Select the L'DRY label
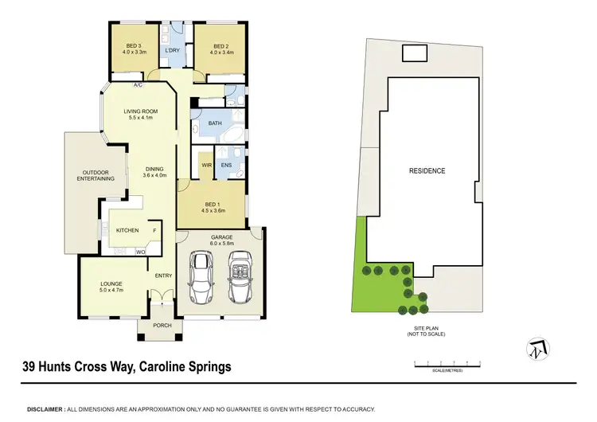(x=172, y=52)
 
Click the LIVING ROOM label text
(x=140, y=111)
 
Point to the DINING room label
(x=154, y=168)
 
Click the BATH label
(x=215, y=123)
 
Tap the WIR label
(x=205, y=166)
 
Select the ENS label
(x=226, y=166)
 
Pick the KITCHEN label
(x=127, y=230)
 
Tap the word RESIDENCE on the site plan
(x=427, y=170)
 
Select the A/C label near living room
(x=138, y=84)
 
